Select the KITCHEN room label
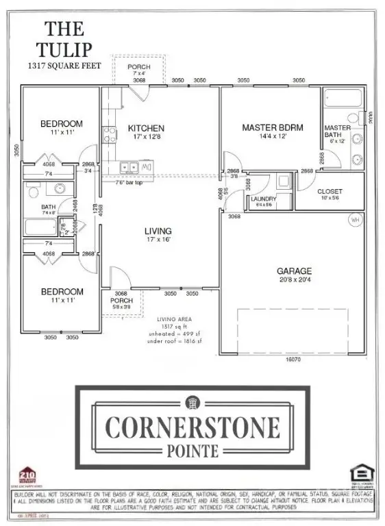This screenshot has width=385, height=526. [x=147, y=128]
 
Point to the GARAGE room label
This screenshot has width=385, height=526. [x=295, y=271]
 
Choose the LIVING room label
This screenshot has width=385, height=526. [x=158, y=231]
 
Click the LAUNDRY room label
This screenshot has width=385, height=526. [x=264, y=199]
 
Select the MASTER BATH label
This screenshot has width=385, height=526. [x=337, y=131]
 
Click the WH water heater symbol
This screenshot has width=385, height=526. [x=355, y=220]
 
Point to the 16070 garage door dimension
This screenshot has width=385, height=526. [x=293, y=358]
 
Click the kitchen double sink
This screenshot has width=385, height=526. [x=128, y=166]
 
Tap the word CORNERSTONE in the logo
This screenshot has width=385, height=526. [x=192, y=426]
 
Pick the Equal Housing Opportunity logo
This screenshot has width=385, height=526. [x=360, y=475]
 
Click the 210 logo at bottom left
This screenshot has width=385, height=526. [x=27, y=475]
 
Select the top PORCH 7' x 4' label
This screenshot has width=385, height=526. [x=139, y=69]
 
